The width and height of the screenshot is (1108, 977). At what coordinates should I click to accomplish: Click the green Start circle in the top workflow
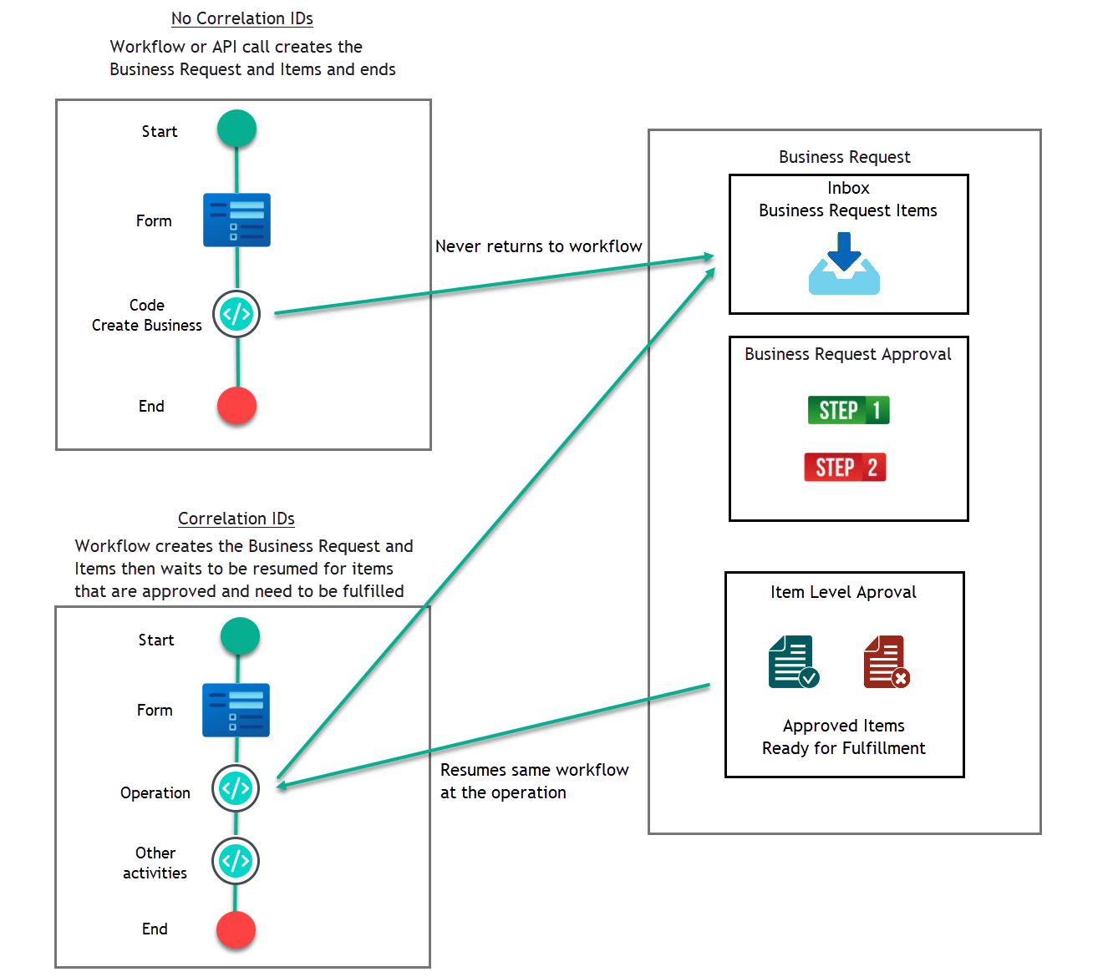pos(236,129)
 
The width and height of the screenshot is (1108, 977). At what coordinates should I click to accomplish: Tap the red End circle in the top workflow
pos(236,406)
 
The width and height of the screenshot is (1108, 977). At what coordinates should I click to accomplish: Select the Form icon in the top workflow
pos(236,220)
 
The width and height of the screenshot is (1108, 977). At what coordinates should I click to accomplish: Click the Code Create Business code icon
pos(236,314)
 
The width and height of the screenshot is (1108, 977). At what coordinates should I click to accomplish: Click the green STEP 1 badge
pos(848,410)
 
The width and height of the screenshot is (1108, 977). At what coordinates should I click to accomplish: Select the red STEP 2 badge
pos(845,468)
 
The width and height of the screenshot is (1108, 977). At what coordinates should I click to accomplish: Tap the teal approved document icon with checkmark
pos(793,661)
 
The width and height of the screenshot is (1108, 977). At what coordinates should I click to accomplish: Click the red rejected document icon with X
pos(886,661)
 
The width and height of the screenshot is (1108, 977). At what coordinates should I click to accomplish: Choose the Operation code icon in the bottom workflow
pos(236,788)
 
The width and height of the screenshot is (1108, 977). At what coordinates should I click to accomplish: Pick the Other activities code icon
pos(236,861)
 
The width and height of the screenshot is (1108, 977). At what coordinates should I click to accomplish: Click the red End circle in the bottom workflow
pos(236,929)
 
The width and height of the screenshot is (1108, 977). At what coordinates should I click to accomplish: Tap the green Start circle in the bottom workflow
pos(240,636)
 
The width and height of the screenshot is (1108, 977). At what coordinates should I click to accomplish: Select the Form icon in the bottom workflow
pos(236,710)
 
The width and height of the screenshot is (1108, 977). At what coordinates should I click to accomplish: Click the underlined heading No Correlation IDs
pos(242,18)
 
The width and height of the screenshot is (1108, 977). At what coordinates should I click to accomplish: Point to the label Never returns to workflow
pos(538,246)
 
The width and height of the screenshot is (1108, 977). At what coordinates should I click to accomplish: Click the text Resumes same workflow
pos(534,770)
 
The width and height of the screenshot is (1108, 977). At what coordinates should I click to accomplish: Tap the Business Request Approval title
pos(847,354)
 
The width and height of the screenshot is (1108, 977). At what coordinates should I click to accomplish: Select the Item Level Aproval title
pos(843,592)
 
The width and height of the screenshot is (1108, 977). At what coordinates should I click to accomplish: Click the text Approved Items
pos(843,726)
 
